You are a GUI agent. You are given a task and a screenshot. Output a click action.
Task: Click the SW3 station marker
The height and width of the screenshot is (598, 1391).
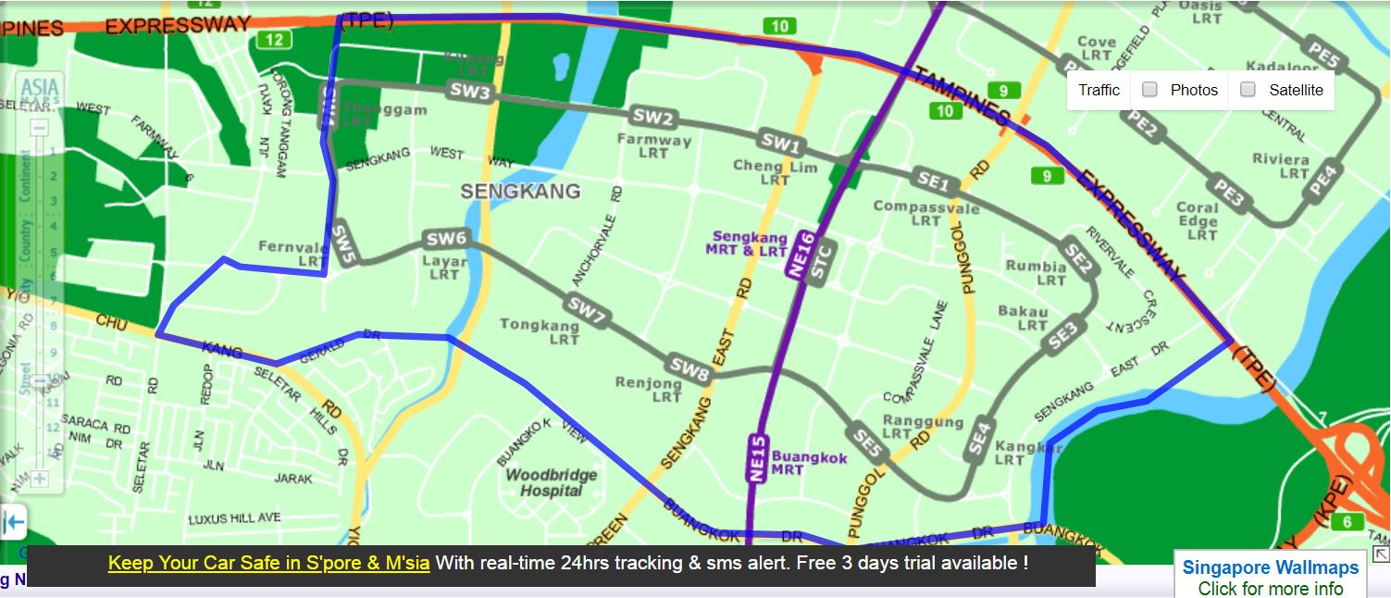coord(470,91)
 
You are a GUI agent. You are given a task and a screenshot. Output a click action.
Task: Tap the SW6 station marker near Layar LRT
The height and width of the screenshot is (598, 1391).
coord(445,240)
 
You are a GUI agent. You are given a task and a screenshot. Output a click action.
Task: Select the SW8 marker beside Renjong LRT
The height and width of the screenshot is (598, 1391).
coord(690,368)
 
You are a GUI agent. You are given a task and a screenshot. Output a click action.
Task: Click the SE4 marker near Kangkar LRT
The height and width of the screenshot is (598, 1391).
coord(980,438)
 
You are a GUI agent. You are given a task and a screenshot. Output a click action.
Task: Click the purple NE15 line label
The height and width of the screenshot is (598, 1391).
coord(756,457)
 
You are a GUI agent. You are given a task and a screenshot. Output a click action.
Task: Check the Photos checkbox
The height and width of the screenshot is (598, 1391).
coord(1149,90)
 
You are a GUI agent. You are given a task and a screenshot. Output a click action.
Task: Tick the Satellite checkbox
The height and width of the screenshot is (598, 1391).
coord(1248,90)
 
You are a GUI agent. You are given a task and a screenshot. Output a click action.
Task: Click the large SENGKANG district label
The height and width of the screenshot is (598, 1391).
coord(521,192)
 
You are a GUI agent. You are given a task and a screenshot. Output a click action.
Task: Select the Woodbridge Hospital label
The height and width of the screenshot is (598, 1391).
coord(551,482)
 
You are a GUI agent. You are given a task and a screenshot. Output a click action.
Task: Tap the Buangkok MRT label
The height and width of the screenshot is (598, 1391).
coord(809,464)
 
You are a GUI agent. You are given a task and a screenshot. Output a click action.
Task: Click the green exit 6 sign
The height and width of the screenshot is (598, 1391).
coord(1347,522)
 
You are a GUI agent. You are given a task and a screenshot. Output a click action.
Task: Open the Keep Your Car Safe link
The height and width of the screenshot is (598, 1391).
coord(268,563)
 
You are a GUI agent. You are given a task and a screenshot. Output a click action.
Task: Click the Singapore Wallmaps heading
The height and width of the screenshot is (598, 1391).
coord(1270,567)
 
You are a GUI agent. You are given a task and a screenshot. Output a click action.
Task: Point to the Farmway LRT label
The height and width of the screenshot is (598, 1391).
coord(654,146)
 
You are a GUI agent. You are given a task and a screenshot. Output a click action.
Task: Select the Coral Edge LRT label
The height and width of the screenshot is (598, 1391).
coord(1198,220)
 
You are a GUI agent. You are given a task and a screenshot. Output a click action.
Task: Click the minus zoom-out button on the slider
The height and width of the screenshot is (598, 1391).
coord(39,128)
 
